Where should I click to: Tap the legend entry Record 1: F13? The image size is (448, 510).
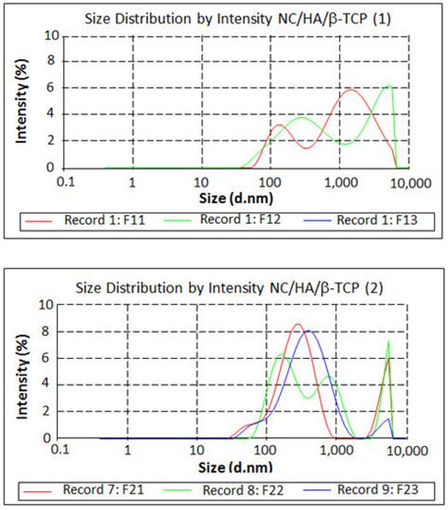(377, 221)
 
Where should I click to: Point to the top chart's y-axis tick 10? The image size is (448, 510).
(52, 36)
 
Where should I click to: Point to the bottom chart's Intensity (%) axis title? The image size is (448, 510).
(18, 371)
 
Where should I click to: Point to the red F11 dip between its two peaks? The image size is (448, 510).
(308, 147)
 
